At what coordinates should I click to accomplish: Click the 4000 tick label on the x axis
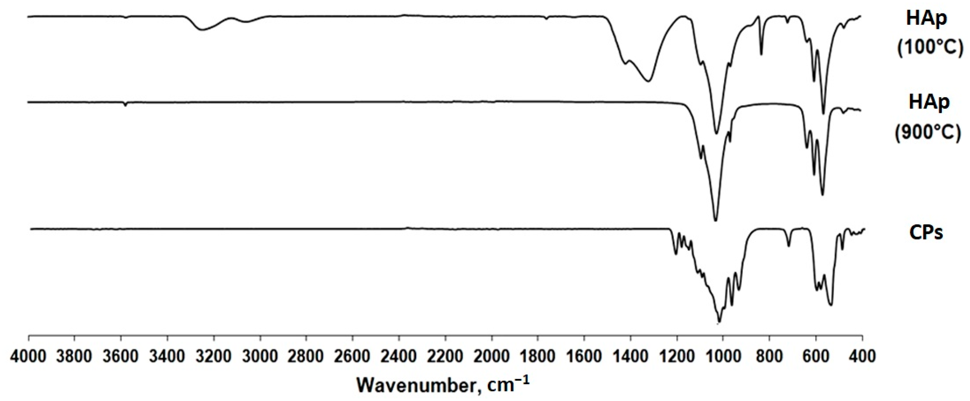pyautogui.click(x=29, y=355)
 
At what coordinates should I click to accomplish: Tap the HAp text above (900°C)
pyautogui.click(x=928, y=103)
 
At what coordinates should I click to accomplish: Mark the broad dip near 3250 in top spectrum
pyautogui.click(x=202, y=29)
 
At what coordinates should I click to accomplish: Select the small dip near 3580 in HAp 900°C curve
pyautogui.click(x=125, y=105)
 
